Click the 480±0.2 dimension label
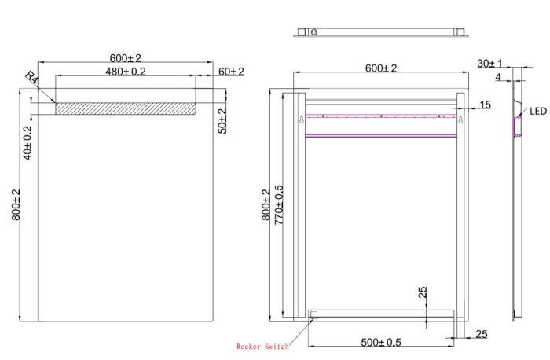[125, 72]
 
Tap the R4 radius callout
[31, 78]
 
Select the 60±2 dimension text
[231, 72]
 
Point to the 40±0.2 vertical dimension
[27, 143]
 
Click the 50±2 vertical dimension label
[222, 121]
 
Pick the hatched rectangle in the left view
[125, 108]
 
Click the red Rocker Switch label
[262, 347]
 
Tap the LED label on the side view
[538, 112]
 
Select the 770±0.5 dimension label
[278, 205]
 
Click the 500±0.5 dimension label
[381, 342]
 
